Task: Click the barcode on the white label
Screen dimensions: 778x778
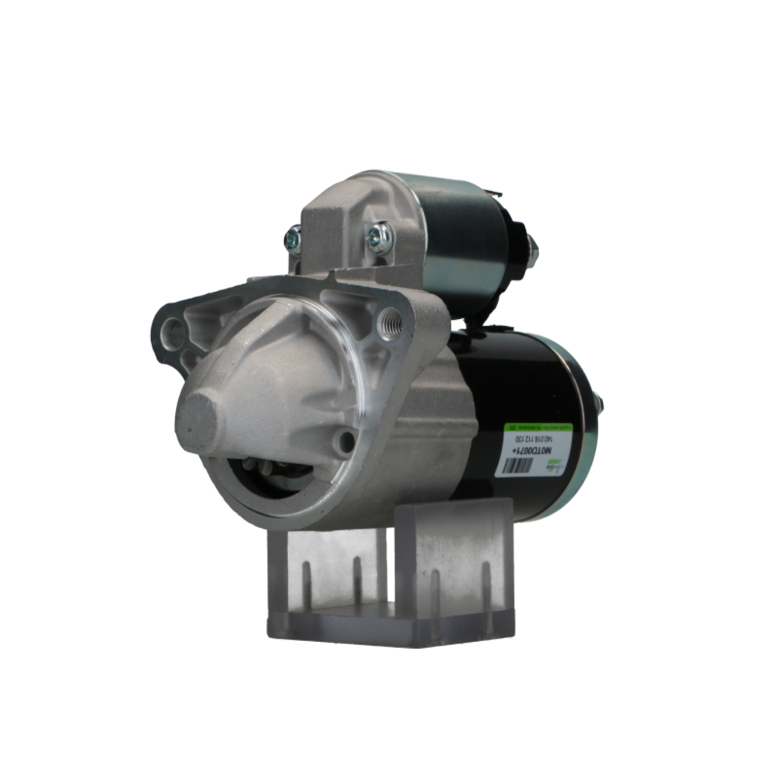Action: (x=518, y=466)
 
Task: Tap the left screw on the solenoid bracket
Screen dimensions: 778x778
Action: (x=293, y=240)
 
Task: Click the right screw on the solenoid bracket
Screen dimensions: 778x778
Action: (x=380, y=237)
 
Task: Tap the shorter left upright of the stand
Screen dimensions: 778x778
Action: (x=327, y=572)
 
